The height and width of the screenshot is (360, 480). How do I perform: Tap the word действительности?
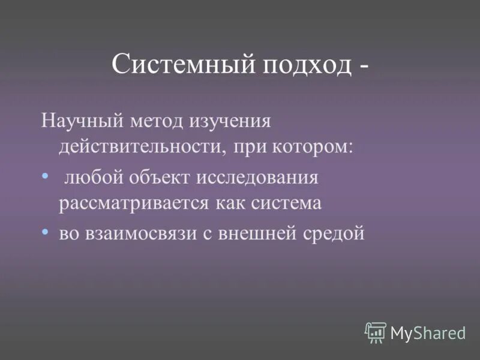pyautogui.click(x=141, y=147)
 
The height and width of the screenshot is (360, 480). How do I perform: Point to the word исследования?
pyautogui.click(x=259, y=177)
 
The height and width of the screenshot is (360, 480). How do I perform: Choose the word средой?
pyautogui.click(x=332, y=233)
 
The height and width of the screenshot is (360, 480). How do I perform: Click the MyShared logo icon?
pyautogui.click(x=375, y=331)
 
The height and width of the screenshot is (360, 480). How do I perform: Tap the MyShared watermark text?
pyautogui.click(x=428, y=332)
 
